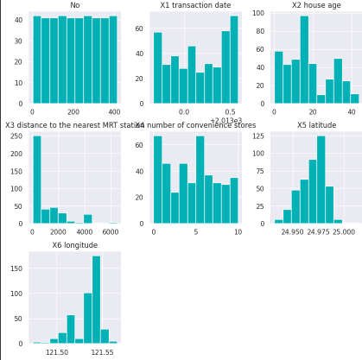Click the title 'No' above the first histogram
(x=74, y=5)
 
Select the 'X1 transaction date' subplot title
(x=194, y=5)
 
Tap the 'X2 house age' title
(x=315, y=5)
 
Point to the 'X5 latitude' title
(x=315, y=126)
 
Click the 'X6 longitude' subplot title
(x=74, y=246)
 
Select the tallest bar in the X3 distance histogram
(x=37, y=180)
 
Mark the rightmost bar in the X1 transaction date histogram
(x=234, y=60)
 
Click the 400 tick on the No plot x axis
(x=112, y=111)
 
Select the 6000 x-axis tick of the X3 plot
(x=111, y=231)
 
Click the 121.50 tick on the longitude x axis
(x=57, y=352)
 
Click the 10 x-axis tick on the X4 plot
(x=235, y=231)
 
